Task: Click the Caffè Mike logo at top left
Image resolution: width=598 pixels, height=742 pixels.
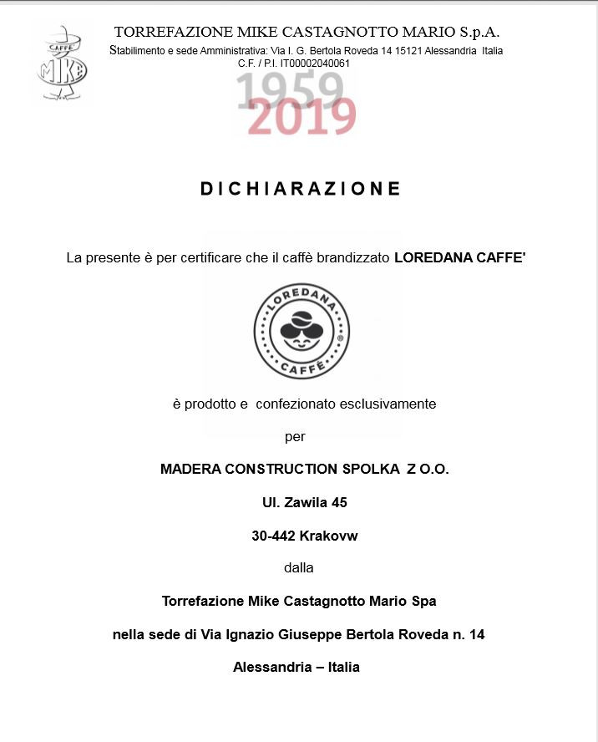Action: click(61, 63)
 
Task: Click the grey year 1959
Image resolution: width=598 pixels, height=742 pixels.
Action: click(289, 89)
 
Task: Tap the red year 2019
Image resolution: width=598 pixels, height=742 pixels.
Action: click(302, 118)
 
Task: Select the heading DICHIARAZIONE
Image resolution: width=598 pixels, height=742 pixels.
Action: click(301, 189)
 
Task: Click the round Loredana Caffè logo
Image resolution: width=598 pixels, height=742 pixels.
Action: click(302, 331)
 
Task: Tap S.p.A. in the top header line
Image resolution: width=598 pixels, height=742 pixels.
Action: click(479, 33)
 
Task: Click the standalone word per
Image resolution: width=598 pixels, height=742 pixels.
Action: click(295, 436)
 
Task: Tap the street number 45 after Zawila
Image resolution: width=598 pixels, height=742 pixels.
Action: click(339, 502)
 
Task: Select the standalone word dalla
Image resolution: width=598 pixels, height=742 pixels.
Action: click(299, 567)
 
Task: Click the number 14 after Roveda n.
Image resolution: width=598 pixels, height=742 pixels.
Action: click(477, 634)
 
